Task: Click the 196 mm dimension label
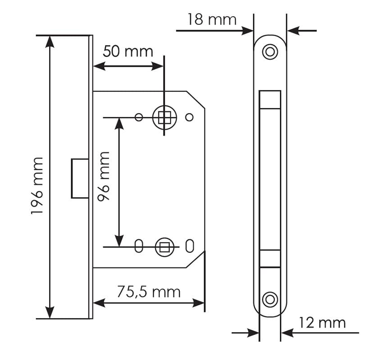[37, 186]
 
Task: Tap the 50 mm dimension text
[128, 51]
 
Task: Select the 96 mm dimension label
[104, 176]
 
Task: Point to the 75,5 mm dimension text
[149, 292]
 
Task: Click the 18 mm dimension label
[212, 19]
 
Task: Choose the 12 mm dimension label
[322, 323]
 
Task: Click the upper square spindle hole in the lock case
[165, 117]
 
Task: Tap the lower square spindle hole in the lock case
[165, 247]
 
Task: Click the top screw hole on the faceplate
[270, 52]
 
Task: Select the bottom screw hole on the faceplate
[270, 300]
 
